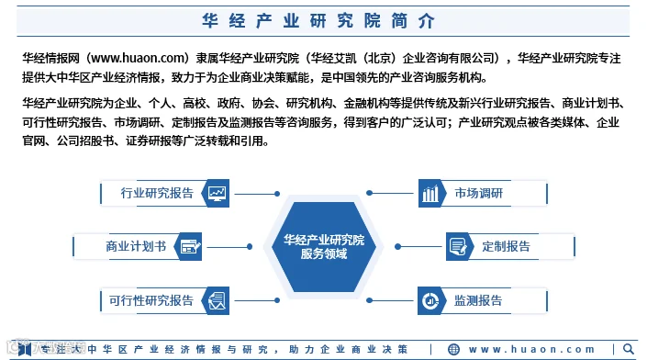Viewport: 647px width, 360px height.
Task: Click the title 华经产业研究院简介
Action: point(318,20)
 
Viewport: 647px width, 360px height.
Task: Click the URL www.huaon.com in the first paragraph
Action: point(137,58)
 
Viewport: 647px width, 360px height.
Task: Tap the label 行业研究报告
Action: point(157,193)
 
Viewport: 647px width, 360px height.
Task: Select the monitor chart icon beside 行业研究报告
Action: point(217,193)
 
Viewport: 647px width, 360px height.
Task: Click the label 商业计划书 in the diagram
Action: point(136,246)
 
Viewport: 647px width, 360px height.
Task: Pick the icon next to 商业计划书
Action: point(190,246)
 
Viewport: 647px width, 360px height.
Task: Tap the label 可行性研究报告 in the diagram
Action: point(151,300)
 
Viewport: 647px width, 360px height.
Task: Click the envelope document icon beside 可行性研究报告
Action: point(217,300)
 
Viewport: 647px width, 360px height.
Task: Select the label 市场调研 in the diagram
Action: point(479,193)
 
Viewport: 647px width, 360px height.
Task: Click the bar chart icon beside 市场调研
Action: point(430,193)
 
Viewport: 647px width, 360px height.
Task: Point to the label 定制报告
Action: point(506,246)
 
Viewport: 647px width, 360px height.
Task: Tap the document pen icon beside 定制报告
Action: point(458,247)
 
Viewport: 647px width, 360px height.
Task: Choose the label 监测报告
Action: point(478,300)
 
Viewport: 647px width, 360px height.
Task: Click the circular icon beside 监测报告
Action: point(430,301)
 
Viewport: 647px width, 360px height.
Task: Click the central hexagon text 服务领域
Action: point(324,253)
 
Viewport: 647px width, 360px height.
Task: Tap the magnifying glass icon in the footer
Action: point(629,349)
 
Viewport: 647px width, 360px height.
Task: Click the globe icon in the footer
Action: point(453,349)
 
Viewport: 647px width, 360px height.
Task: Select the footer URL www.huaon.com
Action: point(532,349)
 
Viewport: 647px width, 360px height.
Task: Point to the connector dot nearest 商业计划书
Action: point(250,246)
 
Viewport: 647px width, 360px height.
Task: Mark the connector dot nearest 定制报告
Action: point(397,246)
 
